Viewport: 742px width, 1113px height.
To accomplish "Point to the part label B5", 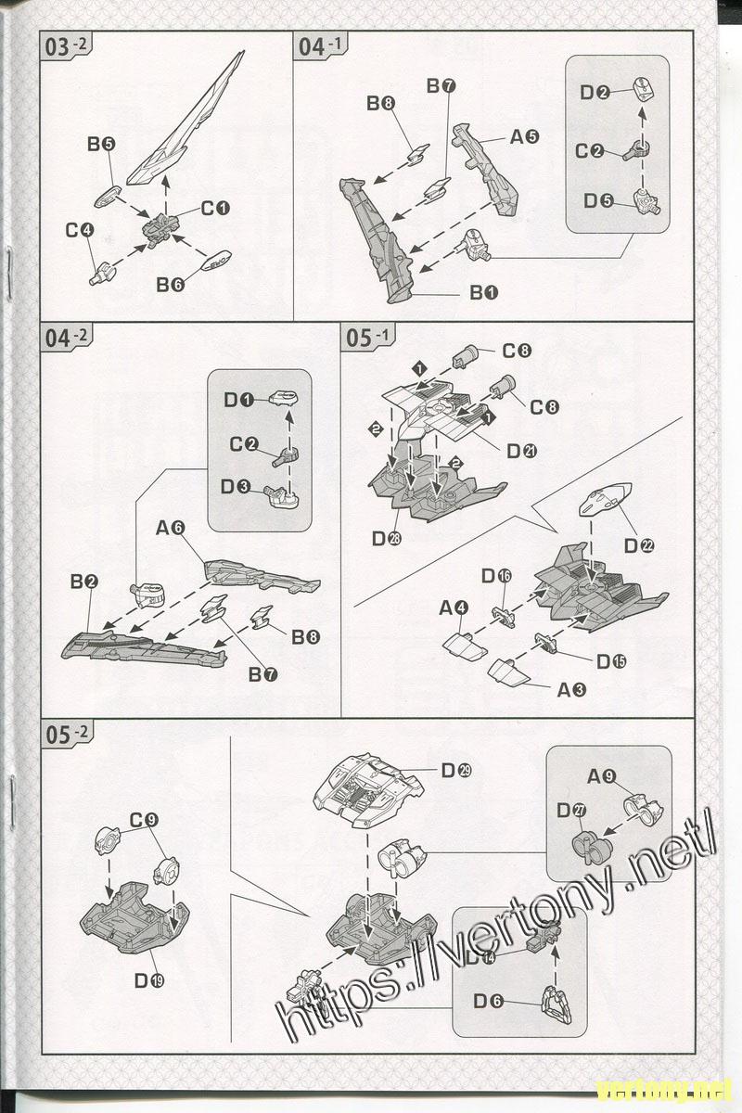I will tap(101, 144).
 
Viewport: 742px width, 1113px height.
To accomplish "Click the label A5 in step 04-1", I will tap(525, 137).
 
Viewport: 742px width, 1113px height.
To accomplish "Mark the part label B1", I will tap(484, 292).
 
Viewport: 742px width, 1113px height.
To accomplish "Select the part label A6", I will tap(172, 528).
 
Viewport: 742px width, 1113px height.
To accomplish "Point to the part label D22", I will tap(639, 545).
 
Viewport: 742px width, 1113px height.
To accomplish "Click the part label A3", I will tap(571, 689).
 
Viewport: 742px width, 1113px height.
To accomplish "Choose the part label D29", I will tap(456, 769).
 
